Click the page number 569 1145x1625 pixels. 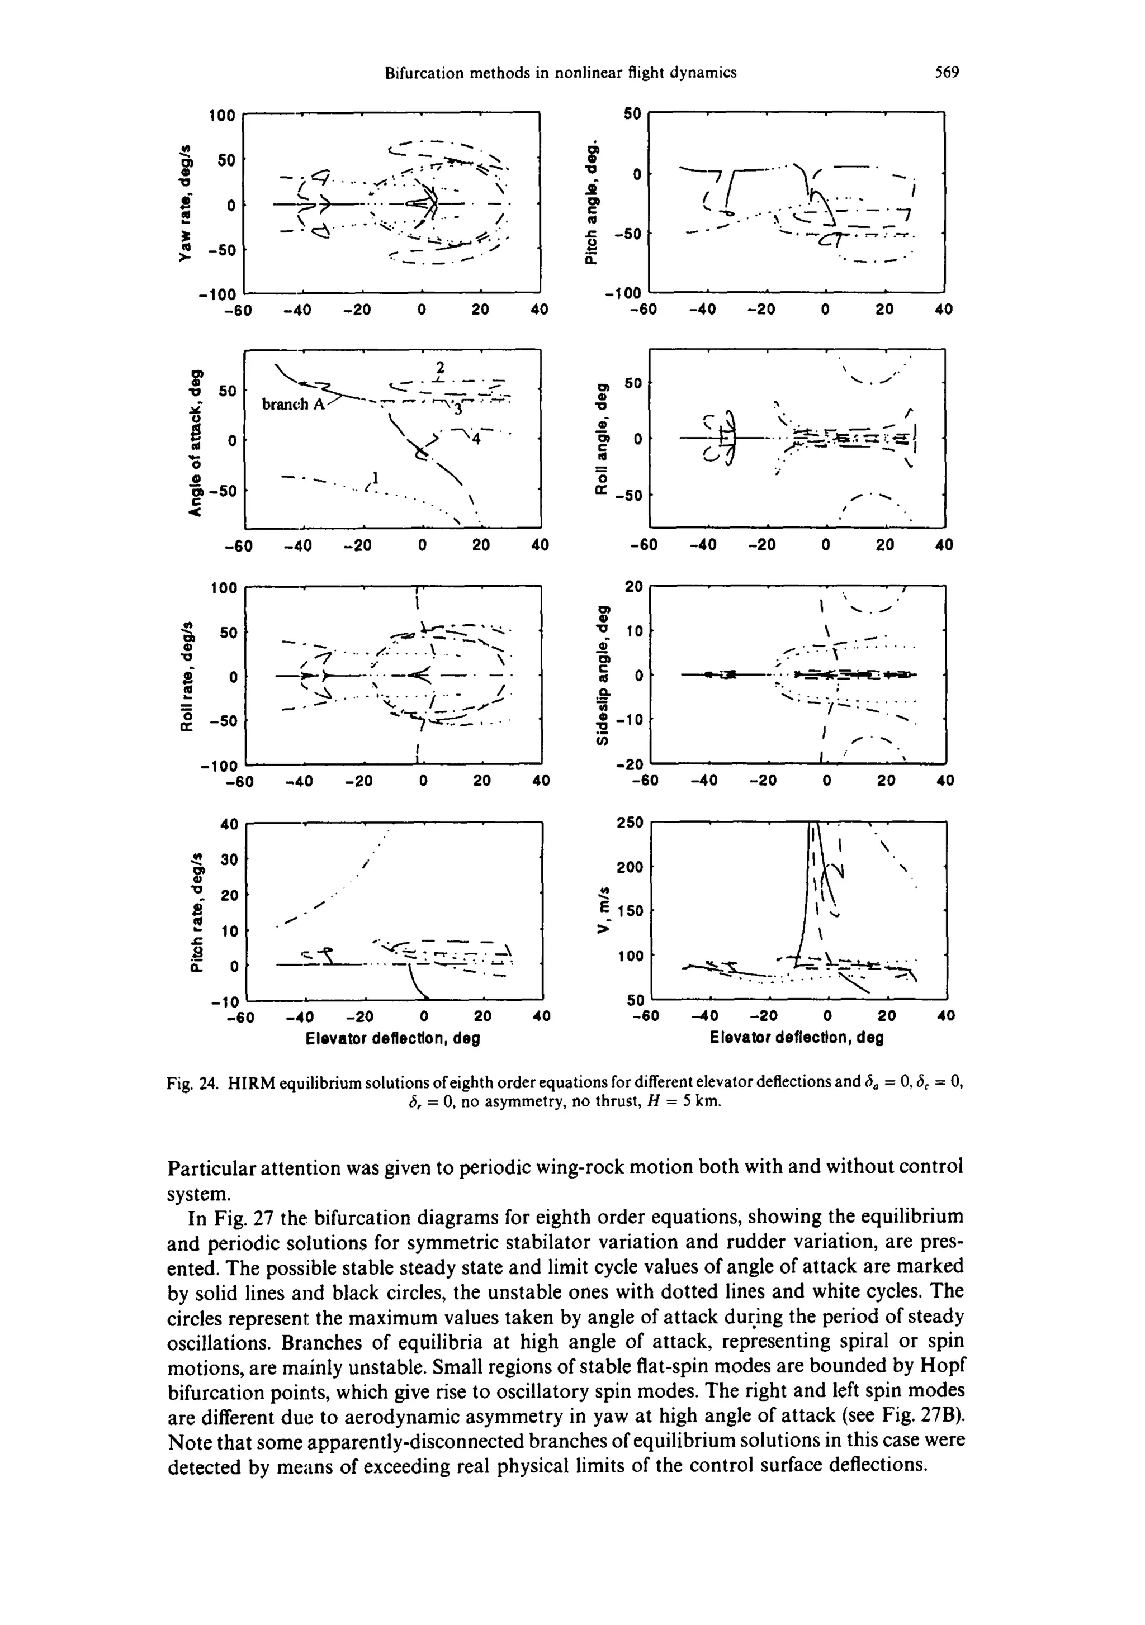pyautogui.click(x=946, y=72)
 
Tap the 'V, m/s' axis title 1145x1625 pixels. pyautogui.click(x=603, y=910)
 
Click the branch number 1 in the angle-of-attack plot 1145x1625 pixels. pyautogui.click(x=377, y=477)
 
